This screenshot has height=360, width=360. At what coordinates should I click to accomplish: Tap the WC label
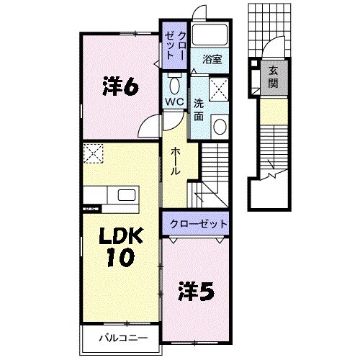tap(174, 102)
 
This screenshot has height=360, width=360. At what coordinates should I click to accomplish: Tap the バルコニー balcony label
tap(119, 337)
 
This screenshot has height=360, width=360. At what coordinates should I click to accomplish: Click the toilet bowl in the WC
tap(174, 81)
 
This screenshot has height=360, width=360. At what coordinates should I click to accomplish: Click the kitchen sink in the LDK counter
tap(127, 196)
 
